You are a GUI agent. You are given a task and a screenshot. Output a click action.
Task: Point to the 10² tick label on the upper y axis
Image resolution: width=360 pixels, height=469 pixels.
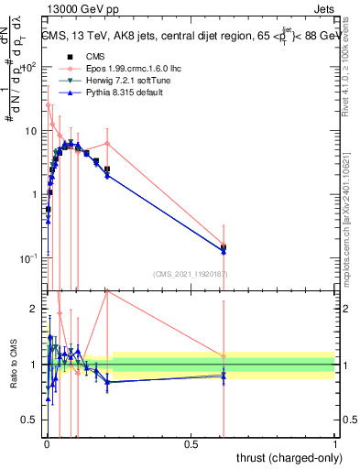pos(27,67)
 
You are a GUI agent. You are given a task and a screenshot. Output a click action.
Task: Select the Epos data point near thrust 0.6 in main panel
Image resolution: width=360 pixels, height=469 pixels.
pos(224,244)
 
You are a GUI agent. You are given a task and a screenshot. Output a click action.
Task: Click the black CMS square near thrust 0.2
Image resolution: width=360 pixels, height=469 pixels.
pos(107,169)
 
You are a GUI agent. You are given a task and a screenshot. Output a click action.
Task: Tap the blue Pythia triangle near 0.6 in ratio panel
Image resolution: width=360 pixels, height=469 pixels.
pos(224,376)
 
